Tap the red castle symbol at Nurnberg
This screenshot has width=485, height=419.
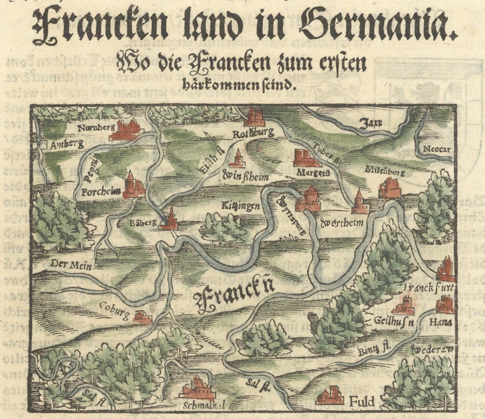[126, 130]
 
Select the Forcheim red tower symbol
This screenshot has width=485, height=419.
[133, 185]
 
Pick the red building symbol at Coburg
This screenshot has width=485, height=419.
[142, 317]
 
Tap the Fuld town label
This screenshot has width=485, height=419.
[362, 402]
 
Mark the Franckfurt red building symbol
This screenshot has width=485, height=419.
[446, 269]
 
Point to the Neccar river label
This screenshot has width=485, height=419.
[436, 149]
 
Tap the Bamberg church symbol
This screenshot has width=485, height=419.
[169, 219]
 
